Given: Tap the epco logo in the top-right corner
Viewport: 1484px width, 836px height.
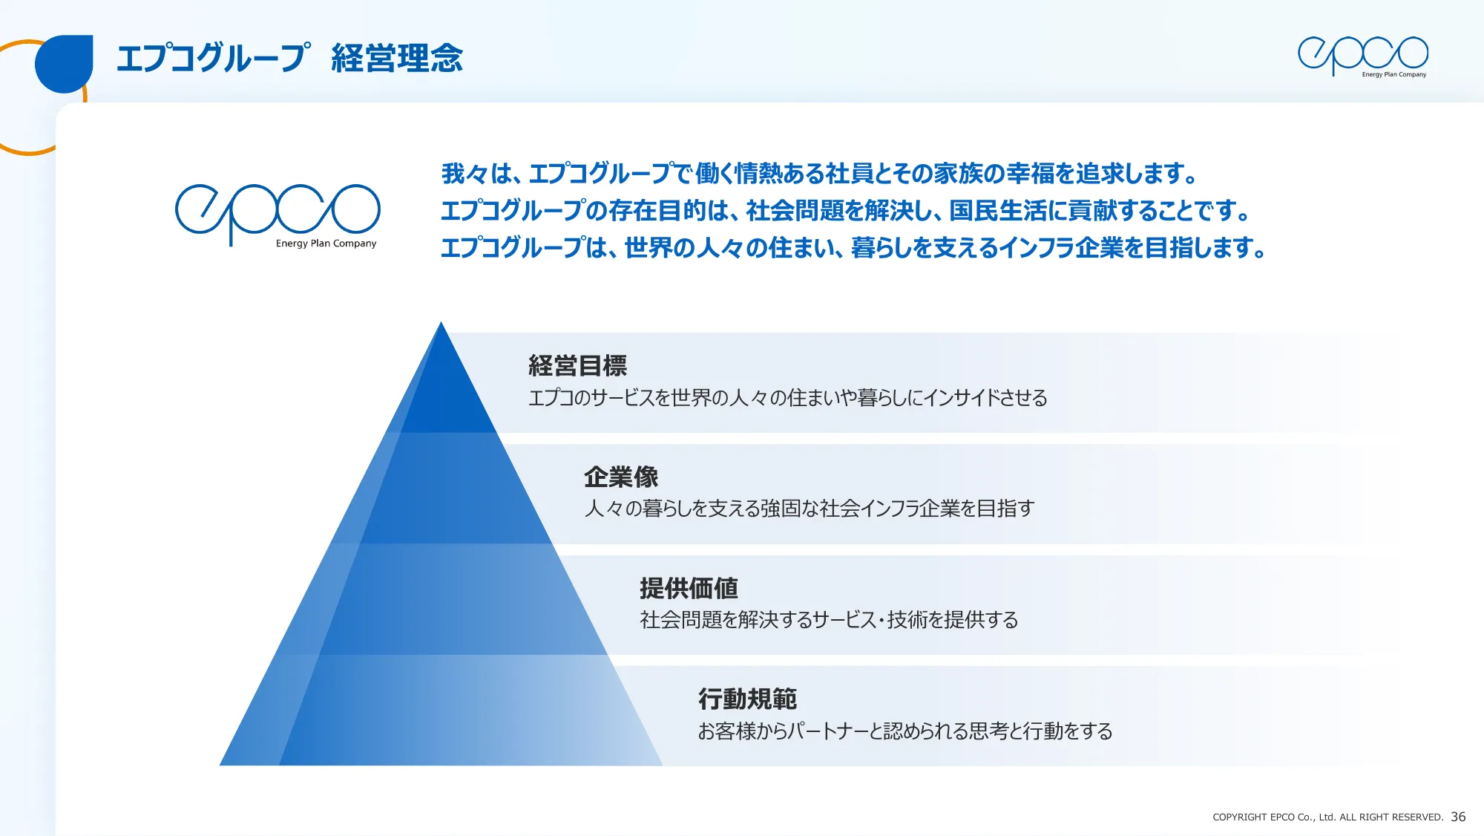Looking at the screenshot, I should pos(1362,56).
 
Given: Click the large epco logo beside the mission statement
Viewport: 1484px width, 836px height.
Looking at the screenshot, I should pos(278,211).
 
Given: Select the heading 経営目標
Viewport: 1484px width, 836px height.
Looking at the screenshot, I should pos(577,365).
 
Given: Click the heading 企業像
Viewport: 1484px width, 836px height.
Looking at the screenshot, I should pos(621,477).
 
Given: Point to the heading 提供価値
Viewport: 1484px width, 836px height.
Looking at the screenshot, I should pos(689,588).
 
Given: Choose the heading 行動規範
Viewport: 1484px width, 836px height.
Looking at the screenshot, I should pos(747,699).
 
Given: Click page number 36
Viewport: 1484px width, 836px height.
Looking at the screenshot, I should pos(1458,817).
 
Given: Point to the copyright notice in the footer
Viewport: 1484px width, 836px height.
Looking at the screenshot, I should pos(1327,817).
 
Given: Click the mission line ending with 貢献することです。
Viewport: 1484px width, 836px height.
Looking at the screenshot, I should pos(846,211).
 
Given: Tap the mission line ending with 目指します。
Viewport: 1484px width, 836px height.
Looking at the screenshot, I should pos(853,248).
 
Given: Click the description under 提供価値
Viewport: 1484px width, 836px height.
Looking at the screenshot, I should pos(829,619).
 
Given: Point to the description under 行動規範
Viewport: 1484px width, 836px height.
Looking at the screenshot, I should pos(904,731).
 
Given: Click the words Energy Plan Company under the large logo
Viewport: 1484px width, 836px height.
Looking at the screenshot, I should pos(326,244).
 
